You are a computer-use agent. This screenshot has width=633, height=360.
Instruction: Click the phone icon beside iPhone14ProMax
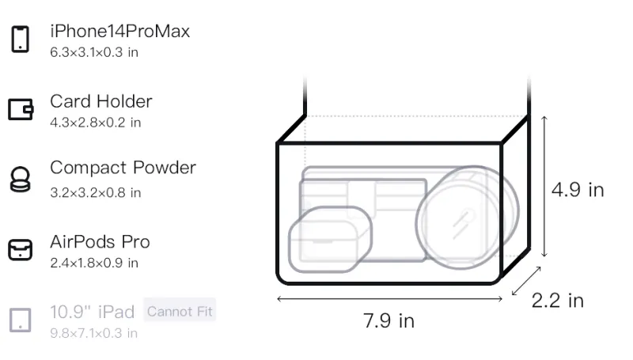21,39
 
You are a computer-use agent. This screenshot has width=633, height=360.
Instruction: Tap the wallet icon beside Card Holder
21,109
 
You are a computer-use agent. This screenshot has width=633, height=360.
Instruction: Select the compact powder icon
21,179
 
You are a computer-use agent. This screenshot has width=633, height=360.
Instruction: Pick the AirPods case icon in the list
21,249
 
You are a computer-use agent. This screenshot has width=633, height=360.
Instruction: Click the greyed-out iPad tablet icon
21,320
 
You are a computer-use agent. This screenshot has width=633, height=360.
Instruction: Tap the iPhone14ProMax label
120,32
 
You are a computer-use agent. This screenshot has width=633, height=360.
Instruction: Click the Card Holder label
101,101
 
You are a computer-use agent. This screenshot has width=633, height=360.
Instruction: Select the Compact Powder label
123,168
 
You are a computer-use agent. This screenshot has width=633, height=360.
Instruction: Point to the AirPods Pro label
100,242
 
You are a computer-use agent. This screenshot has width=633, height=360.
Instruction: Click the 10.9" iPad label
92,312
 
